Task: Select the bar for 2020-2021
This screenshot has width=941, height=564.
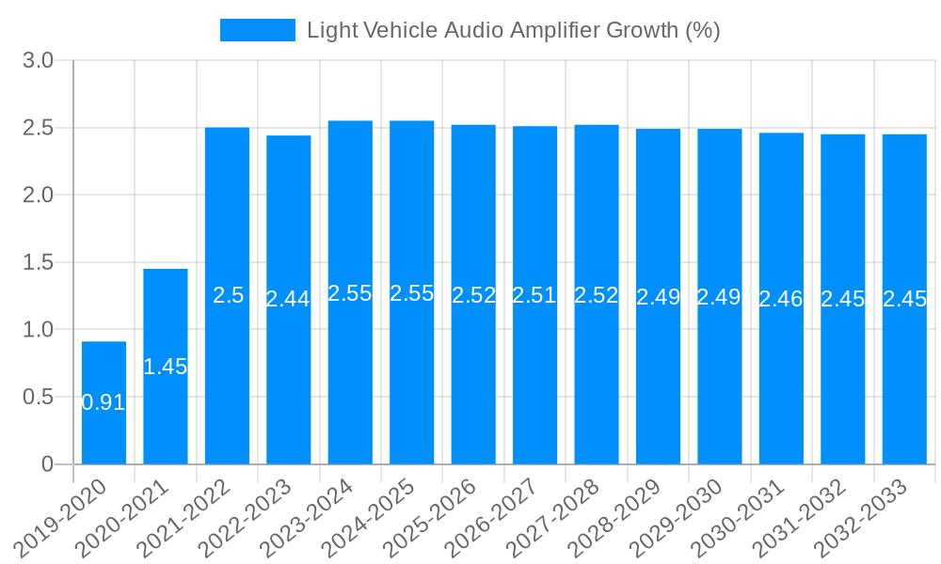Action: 166,367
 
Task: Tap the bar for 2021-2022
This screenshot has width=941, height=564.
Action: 227,295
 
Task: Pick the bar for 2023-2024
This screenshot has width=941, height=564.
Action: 350,292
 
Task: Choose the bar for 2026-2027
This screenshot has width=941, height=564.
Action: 534,295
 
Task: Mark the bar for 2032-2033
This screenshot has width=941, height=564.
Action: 904,299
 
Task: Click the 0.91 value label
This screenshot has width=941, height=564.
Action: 104,402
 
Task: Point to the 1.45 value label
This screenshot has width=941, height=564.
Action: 166,367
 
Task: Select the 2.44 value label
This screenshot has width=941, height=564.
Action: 288,299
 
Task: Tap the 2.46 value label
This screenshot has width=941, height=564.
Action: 781,299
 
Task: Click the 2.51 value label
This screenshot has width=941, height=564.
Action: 534,295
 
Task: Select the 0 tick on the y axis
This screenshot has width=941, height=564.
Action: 48,464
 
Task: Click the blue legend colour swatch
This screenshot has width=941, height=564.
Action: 257,30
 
